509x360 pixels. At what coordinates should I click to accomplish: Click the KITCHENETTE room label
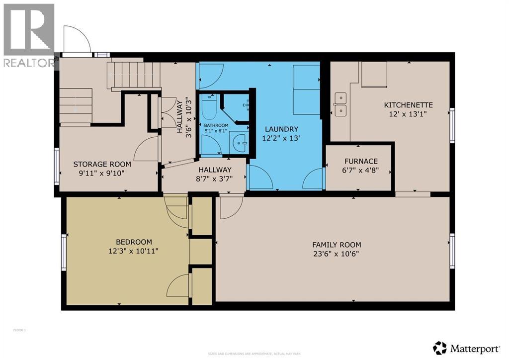[x=408, y=105]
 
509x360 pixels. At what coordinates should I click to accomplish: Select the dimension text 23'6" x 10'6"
[x=337, y=254]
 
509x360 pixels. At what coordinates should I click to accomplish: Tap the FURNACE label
[x=361, y=161]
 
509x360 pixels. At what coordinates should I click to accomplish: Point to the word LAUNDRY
[x=281, y=129]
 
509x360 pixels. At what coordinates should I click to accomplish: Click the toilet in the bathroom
[x=208, y=106]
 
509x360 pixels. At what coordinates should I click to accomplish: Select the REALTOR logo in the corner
[x=29, y=35]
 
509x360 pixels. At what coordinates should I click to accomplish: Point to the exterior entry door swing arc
[x=77, y=38]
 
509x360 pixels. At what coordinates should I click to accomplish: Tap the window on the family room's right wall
[x=452, y=249]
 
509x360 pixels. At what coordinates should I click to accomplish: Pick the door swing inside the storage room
[x=147, y=149]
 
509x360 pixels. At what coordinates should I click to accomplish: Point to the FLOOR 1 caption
[x=19, y=330]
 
